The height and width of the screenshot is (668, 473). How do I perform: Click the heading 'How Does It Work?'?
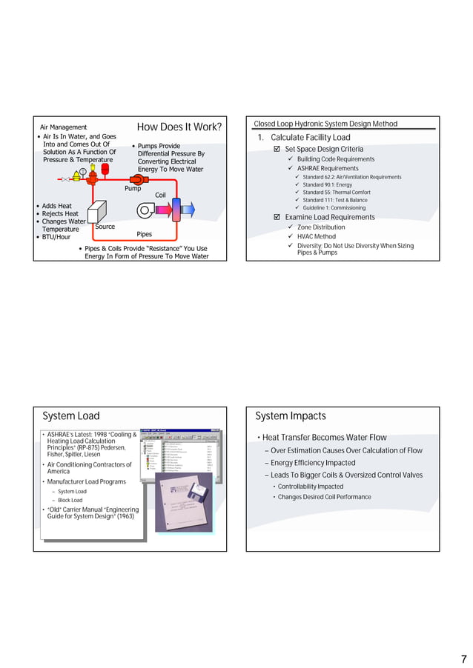tap(179, 127)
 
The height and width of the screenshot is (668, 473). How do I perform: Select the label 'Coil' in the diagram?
tap(160, 195)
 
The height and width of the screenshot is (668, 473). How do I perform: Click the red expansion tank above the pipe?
tap(105, 169)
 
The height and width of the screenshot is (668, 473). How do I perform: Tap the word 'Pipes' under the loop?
tap(144, 234)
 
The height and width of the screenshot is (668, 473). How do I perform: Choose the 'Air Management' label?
tap(63, 127)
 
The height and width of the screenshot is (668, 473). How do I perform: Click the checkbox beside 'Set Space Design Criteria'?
tap(277, 150)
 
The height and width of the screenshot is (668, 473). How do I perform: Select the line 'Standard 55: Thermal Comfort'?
tap(337, 193)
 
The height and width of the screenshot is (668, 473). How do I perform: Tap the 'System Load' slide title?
tap(71, 416)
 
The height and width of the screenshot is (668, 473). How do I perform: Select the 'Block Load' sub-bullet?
tap(72, 501)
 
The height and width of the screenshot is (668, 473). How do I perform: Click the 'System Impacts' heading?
tap(291, 416)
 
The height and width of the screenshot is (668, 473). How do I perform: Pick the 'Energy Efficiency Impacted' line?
tap(313, 463)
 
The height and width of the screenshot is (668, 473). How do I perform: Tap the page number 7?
tap(463, 658)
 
